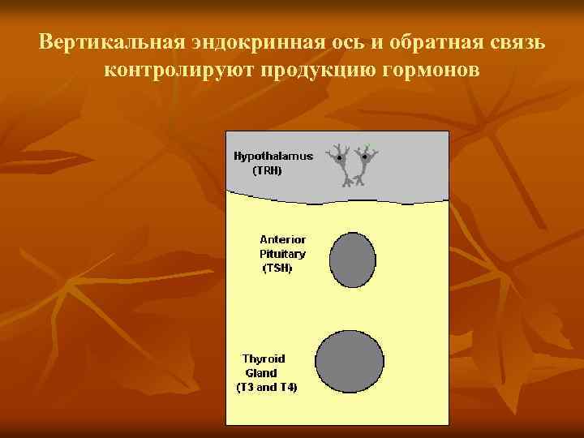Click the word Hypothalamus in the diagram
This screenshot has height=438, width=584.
point(273,156)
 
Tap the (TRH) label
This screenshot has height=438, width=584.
point(268,170)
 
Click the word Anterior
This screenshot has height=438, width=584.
point(282,239)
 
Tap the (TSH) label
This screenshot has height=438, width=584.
point(277,268)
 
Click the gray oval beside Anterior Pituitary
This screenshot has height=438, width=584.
point(353,260)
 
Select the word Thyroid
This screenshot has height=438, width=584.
point(264,359)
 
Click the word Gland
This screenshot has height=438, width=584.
point(261,373)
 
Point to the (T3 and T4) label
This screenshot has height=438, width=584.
point(267,388)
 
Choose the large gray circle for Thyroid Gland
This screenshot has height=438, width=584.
point(350,363)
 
